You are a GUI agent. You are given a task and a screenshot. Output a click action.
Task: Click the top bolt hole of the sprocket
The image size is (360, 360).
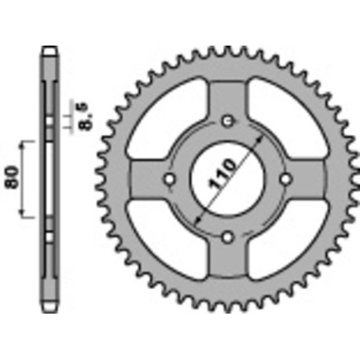coord(228,121)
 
